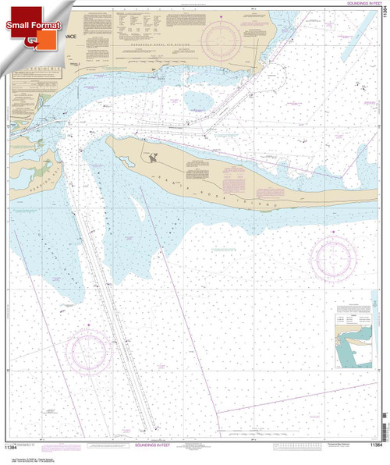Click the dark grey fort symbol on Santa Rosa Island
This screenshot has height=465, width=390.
click(x=154, y=158)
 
